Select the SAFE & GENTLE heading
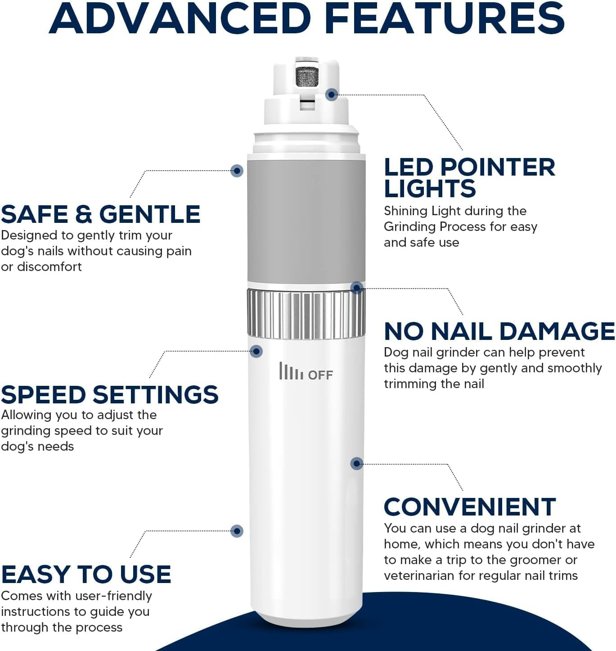tap(100, 214)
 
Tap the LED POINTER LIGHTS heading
tap(469, 178)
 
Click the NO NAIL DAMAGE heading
tap(499, 332)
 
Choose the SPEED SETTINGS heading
tap(109, 395)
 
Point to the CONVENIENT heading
tap(470, 507)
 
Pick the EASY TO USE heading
tap(86, 575)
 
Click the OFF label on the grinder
tap(320, 375)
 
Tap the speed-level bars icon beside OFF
tap(291, 371)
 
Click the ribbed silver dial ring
tap(306, 314)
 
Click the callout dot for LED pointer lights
tap(332, 95)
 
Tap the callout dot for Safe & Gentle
tap(237, 171)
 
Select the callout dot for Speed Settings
tap(256, 351)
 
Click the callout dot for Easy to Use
tap(237, 531)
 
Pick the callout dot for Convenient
tap(357, 463)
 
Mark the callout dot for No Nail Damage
tap(357, 288)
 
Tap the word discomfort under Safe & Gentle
tap(49, 267)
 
